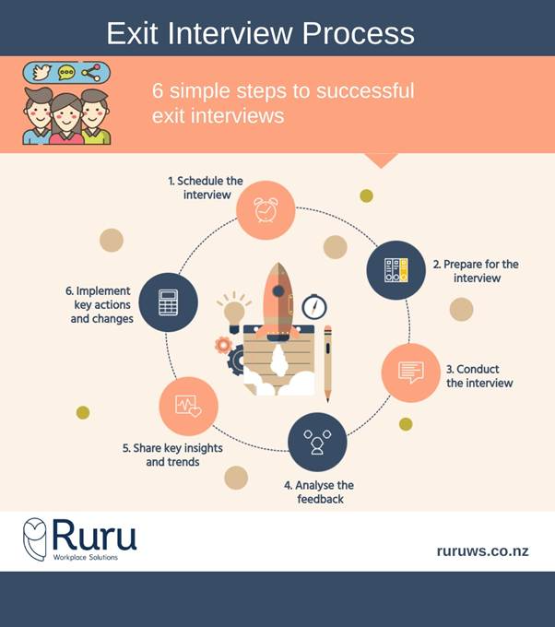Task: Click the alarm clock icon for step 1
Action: point(266,210)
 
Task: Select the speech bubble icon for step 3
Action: point(410,373)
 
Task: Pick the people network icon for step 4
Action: point(317,442)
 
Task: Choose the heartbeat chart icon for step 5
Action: point(189,405)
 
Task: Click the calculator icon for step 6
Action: point(168,302)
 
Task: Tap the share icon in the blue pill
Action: point(90,73)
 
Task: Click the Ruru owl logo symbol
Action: point(35,539)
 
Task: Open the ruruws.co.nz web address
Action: point(482,551)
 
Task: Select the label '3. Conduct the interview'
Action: point(479,375)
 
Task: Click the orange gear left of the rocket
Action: point(222,346)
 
